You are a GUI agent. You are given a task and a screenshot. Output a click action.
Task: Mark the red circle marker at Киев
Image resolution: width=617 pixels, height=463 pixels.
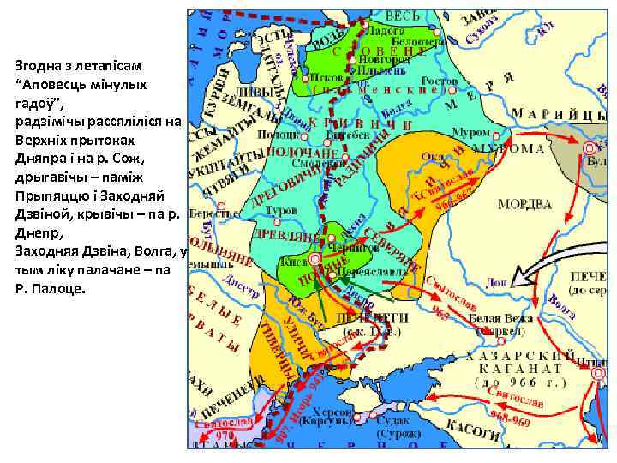(x=315, y=258)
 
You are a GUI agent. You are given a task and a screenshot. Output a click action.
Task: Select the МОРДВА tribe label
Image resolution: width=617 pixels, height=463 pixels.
(x=524, y=204)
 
